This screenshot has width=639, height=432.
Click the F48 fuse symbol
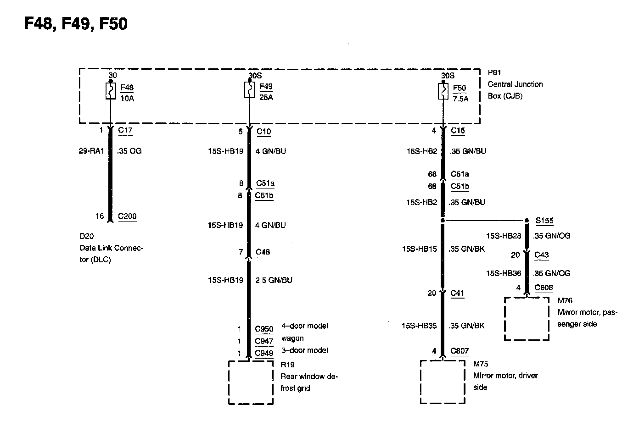(x=110, y=92)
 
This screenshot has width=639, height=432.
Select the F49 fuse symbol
(x=249, y=90)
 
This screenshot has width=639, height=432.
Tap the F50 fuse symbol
(x=443, y=91)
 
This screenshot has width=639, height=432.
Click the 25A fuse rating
(x=266, y=97)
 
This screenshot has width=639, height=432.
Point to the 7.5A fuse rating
(x=460, y=99)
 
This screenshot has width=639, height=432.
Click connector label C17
(x=125, y=130)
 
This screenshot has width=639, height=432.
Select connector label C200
(x=127, y=216)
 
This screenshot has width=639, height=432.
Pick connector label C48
(x=263, y=252)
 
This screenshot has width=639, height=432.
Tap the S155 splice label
(x=544, y=221)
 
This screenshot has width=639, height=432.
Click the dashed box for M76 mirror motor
(x=527, y=319)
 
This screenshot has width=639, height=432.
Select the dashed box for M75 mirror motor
(x=443, y=382)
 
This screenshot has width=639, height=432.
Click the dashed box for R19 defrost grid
(x=251, y=382)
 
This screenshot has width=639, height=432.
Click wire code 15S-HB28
(x=504, y=236)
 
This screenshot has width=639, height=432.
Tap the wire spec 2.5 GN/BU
(x=274, y=280)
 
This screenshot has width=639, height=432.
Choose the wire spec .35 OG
(x=129, y=150)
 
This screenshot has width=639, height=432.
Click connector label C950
(x=264, y=329)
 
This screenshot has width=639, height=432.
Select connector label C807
(x=460, y=351)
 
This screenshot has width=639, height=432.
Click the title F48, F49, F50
(x=76, y=24)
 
